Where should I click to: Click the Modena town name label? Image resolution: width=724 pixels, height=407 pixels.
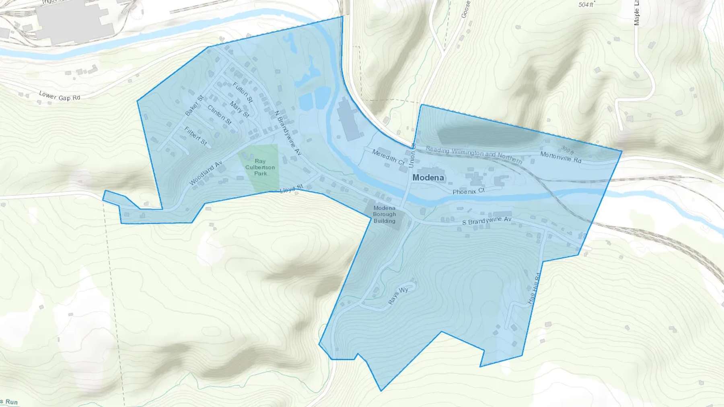coord(428,178)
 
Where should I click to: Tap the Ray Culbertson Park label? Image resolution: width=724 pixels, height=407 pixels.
coord(260,167)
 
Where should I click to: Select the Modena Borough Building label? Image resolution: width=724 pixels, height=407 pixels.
coord(384,214)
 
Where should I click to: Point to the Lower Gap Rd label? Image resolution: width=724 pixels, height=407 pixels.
coord(60,96)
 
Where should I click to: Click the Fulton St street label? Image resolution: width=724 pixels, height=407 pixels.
coord(243,92)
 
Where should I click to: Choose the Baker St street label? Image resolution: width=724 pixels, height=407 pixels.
coord(194,106)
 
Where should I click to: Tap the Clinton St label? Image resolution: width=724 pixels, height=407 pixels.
coord(219,115)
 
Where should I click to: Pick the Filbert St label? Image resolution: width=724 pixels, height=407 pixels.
coord(195,136)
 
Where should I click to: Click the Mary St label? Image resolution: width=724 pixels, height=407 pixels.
coord(239,109)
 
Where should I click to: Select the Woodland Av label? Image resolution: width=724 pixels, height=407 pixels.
coord(206,173)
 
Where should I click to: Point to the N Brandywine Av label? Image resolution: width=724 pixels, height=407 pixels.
coord(288,133)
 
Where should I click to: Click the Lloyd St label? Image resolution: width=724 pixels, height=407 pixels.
coord(291,189)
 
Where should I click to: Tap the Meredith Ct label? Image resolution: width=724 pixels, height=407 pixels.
coord(388,157)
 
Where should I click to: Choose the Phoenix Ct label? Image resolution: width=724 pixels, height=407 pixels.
coord(469,191)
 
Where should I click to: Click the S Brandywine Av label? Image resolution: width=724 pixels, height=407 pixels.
coord(487,221)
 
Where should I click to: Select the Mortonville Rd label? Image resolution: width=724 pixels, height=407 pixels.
coord(561,157)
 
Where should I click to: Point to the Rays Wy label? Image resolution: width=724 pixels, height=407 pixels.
coord(398,296)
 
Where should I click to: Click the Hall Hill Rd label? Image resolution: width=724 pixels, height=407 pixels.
coord(533,288)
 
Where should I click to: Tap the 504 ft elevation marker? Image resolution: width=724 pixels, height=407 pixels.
coord(586,5)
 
